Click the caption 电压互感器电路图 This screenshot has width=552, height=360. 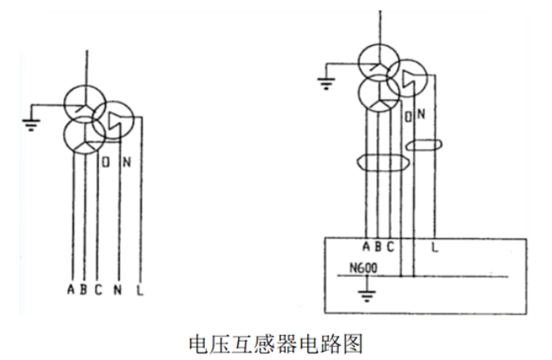pyautogui.click(x=276, y=342)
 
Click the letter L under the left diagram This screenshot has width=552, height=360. pyautogui.click(x=139, y=290)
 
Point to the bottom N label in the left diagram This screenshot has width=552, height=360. pyautogui.click(x=119, y=290)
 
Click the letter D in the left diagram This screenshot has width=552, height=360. pyautogui.click(x=106, y=161)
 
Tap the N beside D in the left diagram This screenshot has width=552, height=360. pyautogui.click(x=125, y=161)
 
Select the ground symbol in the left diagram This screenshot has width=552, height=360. pyautogui.click(x=31, y=125)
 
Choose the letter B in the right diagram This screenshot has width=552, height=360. pyautogui.click(x=378, y=246)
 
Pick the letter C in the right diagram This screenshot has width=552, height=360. pyautogui.click(x=390, y=246)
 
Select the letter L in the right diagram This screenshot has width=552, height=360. pyautogui.click(x=435, y=246)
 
